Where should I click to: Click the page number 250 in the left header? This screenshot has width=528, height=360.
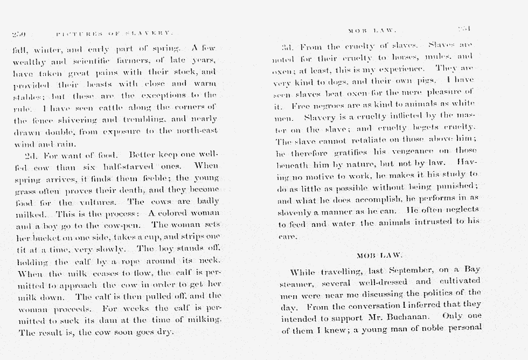[19, 33]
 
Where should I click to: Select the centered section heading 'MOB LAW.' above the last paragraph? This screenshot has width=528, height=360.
[379, 255]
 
